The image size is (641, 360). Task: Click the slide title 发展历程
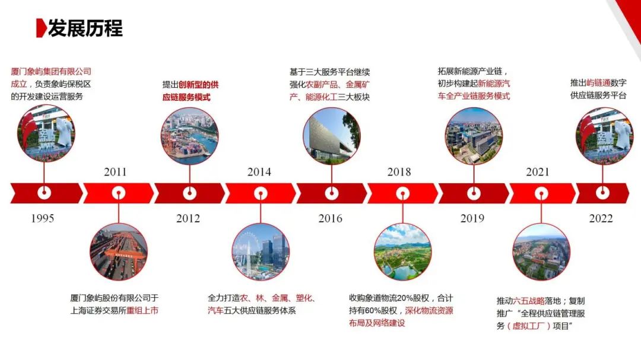(x=85, y=28)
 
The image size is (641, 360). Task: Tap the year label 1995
(x=43, y=218)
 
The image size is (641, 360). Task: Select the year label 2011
(x=115, y=172)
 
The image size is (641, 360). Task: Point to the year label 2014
(x=259, y=172)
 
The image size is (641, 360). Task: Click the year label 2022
(x=601, y=218)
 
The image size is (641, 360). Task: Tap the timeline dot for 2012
(x=189, y=193)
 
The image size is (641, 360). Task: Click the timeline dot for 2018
(x=402, y=193)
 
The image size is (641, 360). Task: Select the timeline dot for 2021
(x=541, y=193)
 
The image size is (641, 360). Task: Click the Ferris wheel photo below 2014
(x=261, y=251)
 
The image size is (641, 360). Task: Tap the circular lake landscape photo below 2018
(x=402, y=251)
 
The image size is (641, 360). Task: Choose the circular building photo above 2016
(x=331, y=135)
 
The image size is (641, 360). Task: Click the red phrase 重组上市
(x=142, y=310)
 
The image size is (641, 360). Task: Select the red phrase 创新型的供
(x=198, y=84)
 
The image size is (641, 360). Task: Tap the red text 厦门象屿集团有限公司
(x=51, y=72)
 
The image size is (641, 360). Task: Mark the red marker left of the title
(x=40, y=28)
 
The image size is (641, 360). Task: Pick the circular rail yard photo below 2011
(x=119, y=251)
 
